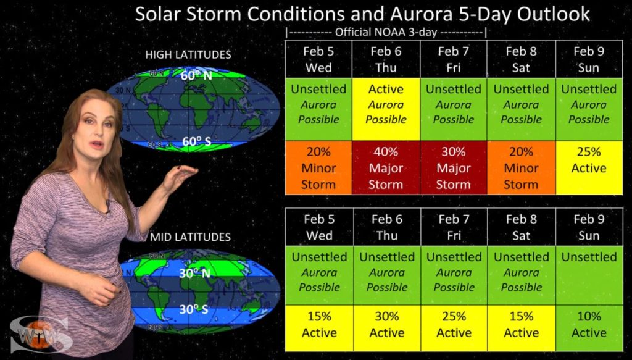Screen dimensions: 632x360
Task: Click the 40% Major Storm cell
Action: [386, 168]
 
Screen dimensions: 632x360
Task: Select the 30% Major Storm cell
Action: [454, 168]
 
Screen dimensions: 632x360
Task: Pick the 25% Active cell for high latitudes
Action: [589, 168]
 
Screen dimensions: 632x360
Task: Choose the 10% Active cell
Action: [589, 328]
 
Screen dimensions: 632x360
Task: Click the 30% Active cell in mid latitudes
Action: [386, 328]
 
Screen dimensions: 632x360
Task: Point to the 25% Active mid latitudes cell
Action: [454, 328]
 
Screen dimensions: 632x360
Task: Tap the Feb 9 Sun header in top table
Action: [589, 59]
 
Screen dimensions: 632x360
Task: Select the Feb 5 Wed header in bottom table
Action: [319, 227]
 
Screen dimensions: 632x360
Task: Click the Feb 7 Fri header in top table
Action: [454, 59]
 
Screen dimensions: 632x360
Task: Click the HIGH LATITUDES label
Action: [188, 55]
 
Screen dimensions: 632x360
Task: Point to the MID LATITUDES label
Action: [190, 237]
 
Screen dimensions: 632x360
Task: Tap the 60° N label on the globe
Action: [196, 75]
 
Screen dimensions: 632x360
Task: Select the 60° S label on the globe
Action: [196, 141]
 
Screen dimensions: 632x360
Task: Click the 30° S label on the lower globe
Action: [194, 309]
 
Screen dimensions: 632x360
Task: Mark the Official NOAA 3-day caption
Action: [386, 32]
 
